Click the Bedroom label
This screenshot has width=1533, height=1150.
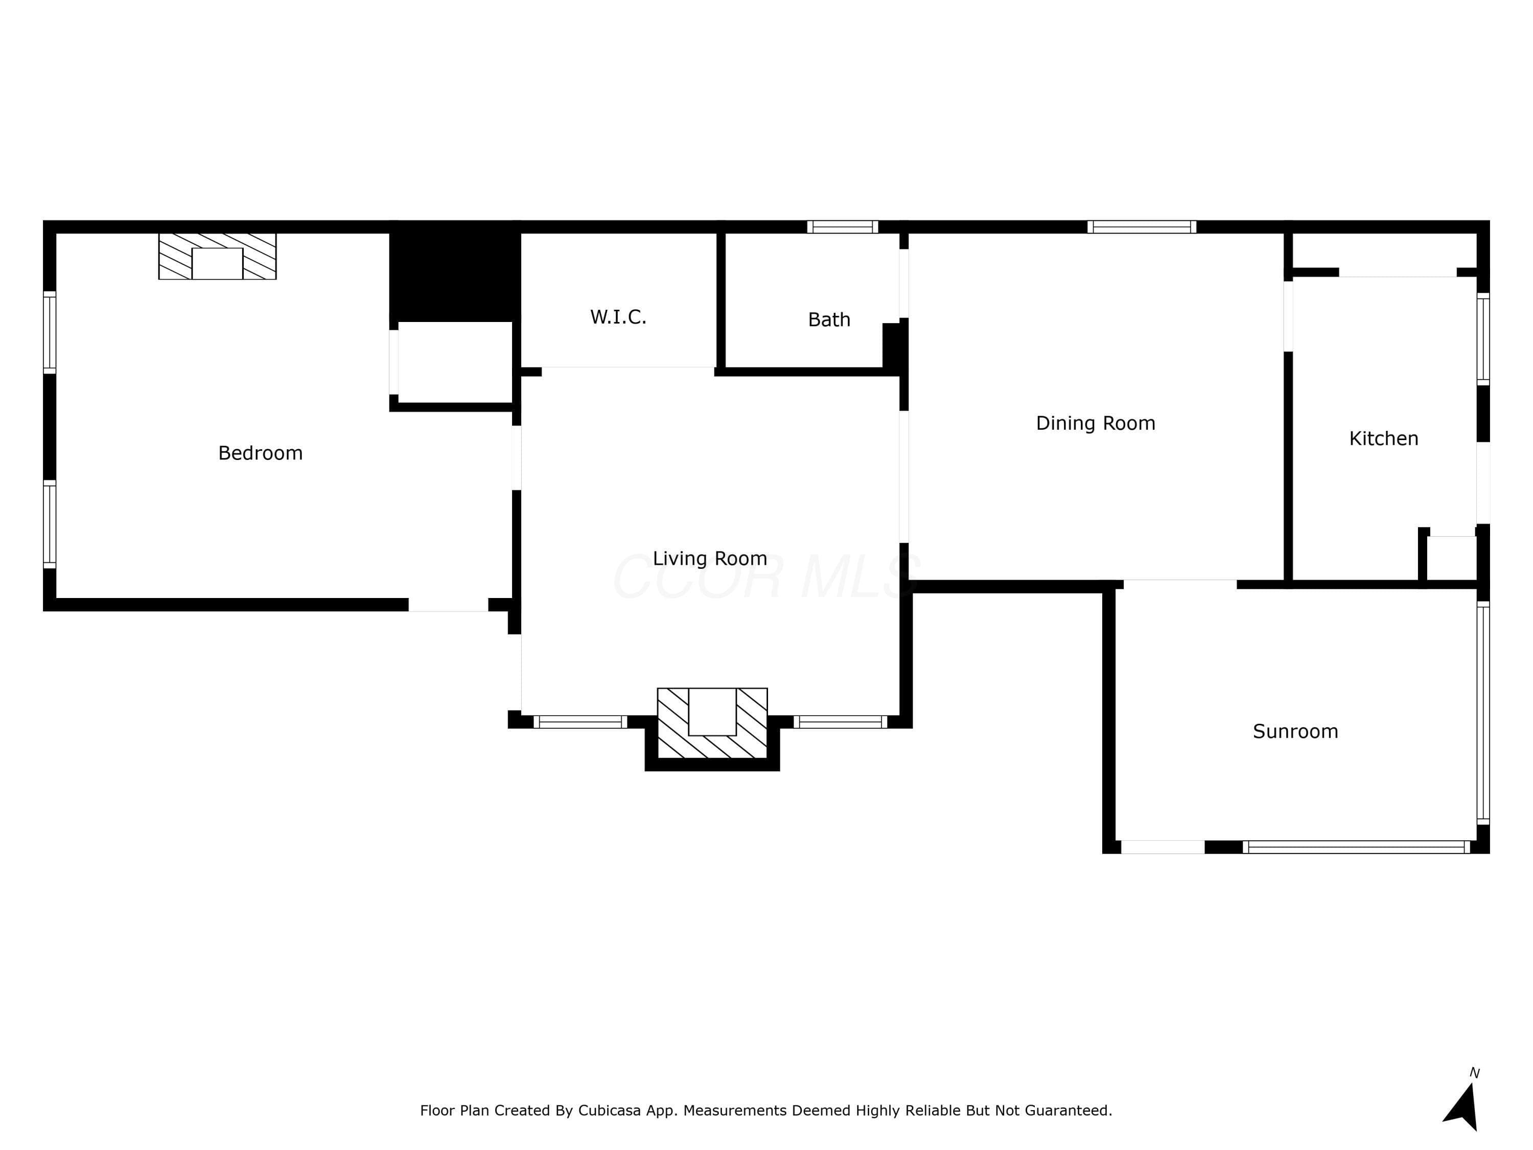[261, 453]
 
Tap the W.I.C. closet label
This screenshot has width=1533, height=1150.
[618, 317]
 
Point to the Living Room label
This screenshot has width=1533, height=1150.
[710, 559]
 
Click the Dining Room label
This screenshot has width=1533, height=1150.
[1096, 424]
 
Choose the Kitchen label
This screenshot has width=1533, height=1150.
[1383, 439]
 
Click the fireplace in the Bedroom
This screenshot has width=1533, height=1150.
[218, 257]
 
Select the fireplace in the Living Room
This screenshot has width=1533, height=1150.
[712, 723]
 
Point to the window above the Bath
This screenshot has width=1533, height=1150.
[843, 226]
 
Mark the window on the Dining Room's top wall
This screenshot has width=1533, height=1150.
[1142, 226]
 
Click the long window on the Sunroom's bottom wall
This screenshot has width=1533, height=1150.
[1356, 847]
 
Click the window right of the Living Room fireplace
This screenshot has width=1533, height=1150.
[841, 722]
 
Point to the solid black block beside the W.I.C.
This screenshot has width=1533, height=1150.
[455, 272]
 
